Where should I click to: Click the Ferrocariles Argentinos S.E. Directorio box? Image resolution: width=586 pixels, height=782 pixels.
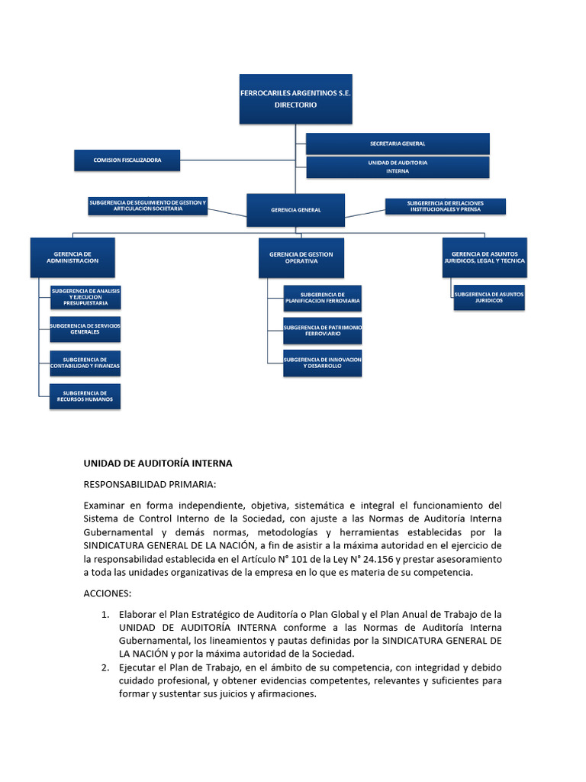[x=295, y=99]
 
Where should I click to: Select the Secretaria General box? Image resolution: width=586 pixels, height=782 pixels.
[x=398, y=144]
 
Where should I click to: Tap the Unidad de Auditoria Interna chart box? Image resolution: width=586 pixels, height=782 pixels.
[x=398, y=166]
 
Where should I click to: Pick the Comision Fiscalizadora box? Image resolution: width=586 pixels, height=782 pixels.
[x=127, y=160]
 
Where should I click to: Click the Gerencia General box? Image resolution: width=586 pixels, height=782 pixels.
[x=295, y=209]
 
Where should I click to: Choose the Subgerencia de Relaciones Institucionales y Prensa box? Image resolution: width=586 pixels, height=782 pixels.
[x=446, y=206]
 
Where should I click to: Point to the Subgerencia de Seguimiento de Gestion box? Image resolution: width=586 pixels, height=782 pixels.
[x=147, y=205]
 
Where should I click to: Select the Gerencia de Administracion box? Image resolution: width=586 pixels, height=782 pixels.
[x=72, y=257]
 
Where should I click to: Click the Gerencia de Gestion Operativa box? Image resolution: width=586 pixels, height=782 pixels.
[x=301, y=257]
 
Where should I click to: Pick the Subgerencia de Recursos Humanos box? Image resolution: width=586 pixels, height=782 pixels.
[x=85, y=396]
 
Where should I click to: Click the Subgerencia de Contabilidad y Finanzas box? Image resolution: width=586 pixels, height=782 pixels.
[x=85, y=363]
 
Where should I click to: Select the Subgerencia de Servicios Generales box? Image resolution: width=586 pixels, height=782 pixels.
[x=85, y=329]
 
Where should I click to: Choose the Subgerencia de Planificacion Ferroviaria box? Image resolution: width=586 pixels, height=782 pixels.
[x=322, y=298]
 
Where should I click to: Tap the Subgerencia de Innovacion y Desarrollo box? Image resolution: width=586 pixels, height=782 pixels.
[x=322, y=363]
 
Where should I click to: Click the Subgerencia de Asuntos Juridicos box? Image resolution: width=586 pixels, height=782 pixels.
[x=488, y=298]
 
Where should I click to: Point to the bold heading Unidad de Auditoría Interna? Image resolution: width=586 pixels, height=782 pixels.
[x=157, y=464]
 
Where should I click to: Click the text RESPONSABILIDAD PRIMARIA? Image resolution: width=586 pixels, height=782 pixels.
[x=150, y=484]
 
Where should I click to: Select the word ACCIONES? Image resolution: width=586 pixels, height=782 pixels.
[x=108, y=593]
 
